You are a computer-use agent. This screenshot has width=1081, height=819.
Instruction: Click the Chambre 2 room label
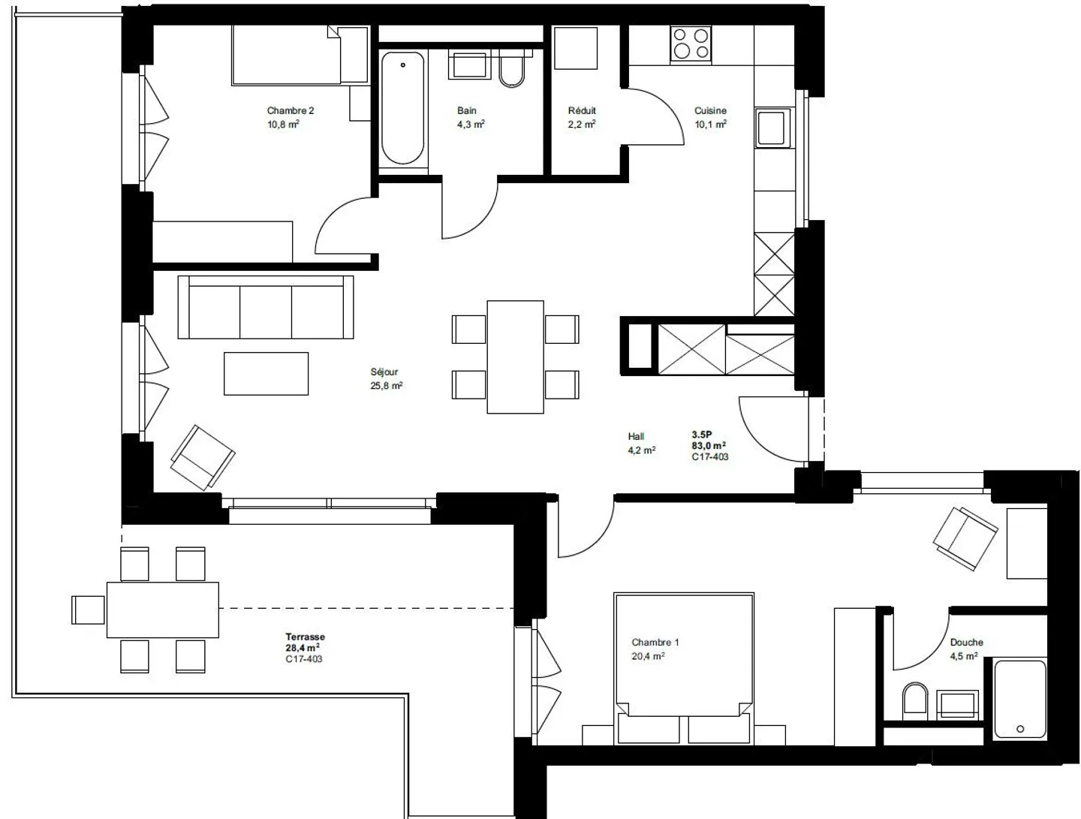(291, 110)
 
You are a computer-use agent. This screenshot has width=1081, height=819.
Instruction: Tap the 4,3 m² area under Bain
(471, 125)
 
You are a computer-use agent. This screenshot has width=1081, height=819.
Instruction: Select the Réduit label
(582, 110)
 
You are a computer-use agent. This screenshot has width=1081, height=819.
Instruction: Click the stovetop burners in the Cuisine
(691, 43)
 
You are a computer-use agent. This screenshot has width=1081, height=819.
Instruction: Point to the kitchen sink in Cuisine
(772, 128)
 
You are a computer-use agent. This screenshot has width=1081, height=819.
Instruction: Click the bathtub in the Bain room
(402, 108)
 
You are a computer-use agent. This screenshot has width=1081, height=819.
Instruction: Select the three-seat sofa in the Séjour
(266, 307)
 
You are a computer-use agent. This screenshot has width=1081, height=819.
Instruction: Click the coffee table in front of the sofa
(266, 373)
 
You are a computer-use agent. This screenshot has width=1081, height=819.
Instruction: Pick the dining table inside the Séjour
(515, 357)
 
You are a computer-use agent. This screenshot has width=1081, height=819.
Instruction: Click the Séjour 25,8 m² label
(386, 379)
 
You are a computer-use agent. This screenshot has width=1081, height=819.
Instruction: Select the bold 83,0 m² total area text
(709, 445)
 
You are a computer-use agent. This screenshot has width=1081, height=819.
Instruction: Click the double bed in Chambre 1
(683, 664)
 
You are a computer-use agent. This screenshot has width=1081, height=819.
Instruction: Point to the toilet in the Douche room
(914, 700)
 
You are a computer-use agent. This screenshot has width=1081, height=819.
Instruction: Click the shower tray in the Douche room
(1019, 699)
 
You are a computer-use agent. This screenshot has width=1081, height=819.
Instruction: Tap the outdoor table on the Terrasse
(162, 610)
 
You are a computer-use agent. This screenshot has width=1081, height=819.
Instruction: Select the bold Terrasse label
(305, 637)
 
